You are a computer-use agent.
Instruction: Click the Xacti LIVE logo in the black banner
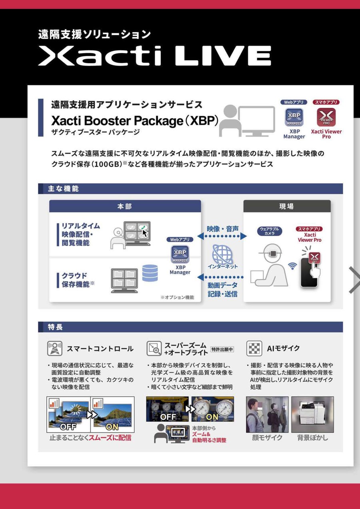[x=154, y=56]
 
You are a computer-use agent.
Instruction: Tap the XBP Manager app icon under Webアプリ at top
[x=294, y=117]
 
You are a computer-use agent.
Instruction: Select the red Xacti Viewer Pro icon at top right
[x=326, y=117]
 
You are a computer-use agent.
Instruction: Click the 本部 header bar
[x=125, y=206]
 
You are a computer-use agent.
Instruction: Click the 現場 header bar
[x=287, y=206]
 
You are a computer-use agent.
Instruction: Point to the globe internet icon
[x=222, y=254]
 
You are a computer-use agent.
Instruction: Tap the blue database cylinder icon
[x=150, y=273]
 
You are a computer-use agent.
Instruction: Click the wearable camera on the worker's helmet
[x=271, y=253]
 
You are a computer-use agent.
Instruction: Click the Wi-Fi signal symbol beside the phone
[x=292, y=266]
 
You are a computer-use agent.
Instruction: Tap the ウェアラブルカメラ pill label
[x=270, y=231]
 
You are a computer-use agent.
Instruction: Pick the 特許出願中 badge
[x=222, y=349]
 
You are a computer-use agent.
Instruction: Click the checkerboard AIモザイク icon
[x=254, y=349]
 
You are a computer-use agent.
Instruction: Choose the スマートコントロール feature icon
[x=55, y=349]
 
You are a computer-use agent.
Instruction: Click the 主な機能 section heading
[x=63, y=188]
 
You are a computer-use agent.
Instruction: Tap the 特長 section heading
[x=55, y=327]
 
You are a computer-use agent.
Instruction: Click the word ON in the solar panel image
[x=112, y=427]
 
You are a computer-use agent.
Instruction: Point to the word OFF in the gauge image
[x=168, y=417]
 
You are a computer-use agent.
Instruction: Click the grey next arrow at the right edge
[x=354, y=280]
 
